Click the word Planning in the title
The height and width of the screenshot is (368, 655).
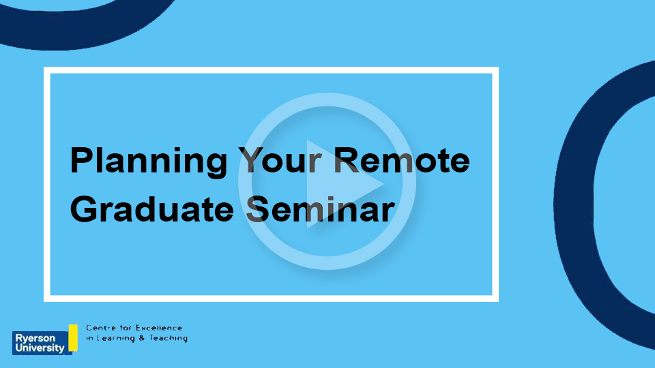[149, 162]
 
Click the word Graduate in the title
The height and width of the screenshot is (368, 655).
[152, 209]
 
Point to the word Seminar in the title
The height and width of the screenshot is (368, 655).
[320, 209]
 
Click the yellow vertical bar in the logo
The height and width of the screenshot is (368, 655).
[73, 337]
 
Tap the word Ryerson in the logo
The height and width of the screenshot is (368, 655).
[35, 338]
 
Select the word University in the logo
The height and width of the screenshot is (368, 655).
[40, 348]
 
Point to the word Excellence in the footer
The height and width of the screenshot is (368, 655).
[159, 328]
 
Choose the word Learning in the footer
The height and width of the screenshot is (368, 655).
[116, 339]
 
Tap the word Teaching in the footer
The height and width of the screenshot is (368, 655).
[169, 339]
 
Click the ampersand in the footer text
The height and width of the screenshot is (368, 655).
[142, 338]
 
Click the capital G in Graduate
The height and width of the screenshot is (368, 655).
[83, 209]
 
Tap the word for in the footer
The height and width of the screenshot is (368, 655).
[126, 328]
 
